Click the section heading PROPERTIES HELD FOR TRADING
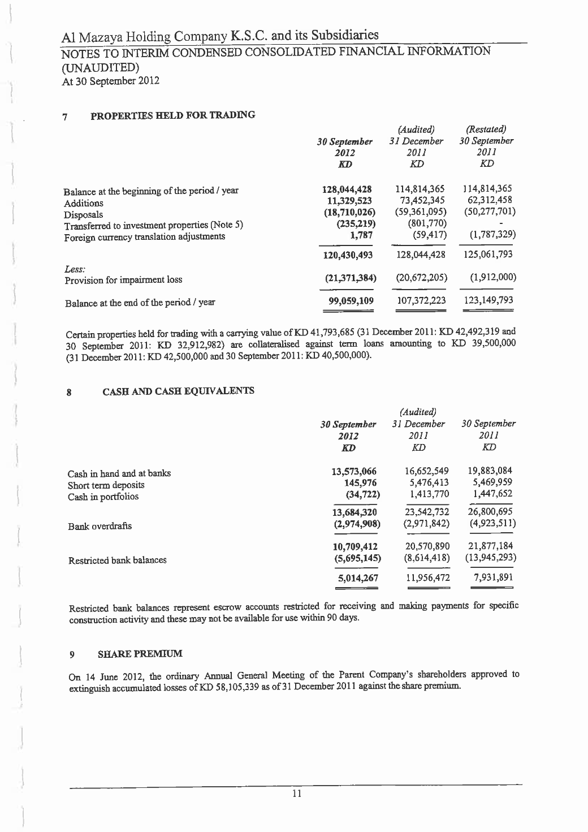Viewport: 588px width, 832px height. click(173, 116)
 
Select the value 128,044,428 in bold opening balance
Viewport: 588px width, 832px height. click(346, 190)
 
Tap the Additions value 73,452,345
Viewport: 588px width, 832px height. click(418, 200)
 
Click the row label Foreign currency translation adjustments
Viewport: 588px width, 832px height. click(144, 237)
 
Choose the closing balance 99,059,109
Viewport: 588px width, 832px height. click(348, 300)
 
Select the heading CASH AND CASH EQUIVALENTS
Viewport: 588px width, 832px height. click(178, 391)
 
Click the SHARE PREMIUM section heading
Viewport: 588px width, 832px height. click(140, 654)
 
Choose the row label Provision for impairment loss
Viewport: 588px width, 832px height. click(123, 280)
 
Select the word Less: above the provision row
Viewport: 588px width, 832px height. click(75, 269)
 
